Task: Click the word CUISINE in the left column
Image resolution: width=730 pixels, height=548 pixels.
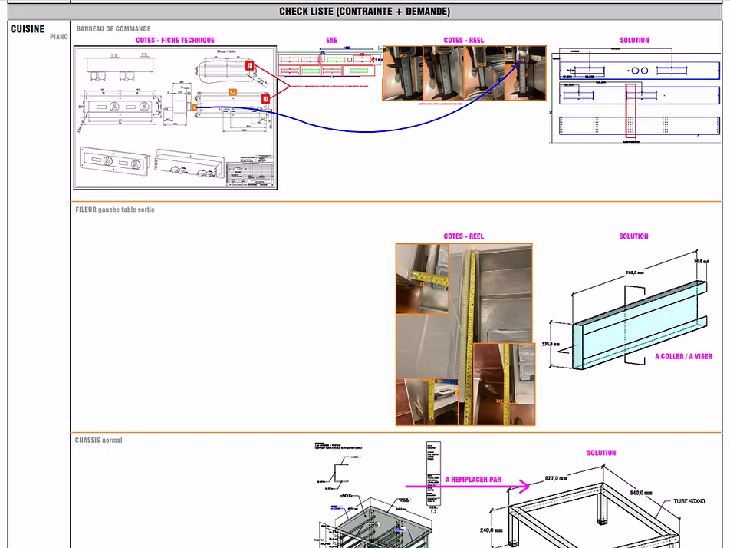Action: [28, 29]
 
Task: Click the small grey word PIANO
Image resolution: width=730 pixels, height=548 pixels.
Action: [59, 37]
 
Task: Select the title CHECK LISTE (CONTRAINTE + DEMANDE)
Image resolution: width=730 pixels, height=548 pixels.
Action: [364, 12]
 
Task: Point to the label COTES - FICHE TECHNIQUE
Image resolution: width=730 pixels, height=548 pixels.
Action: [175, 41]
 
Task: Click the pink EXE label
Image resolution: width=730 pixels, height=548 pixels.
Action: [331, 41]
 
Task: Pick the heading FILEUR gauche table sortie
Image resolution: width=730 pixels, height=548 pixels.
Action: [115, 210]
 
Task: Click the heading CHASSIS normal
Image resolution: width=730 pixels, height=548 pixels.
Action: [99, 441]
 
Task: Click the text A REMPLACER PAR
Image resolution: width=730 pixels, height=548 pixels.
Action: [473, 480]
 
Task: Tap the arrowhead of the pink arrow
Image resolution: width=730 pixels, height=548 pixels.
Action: [525, 486]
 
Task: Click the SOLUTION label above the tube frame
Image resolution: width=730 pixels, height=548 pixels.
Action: [601, 453]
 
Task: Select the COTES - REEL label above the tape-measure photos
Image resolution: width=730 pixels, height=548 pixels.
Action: [464, 236]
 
